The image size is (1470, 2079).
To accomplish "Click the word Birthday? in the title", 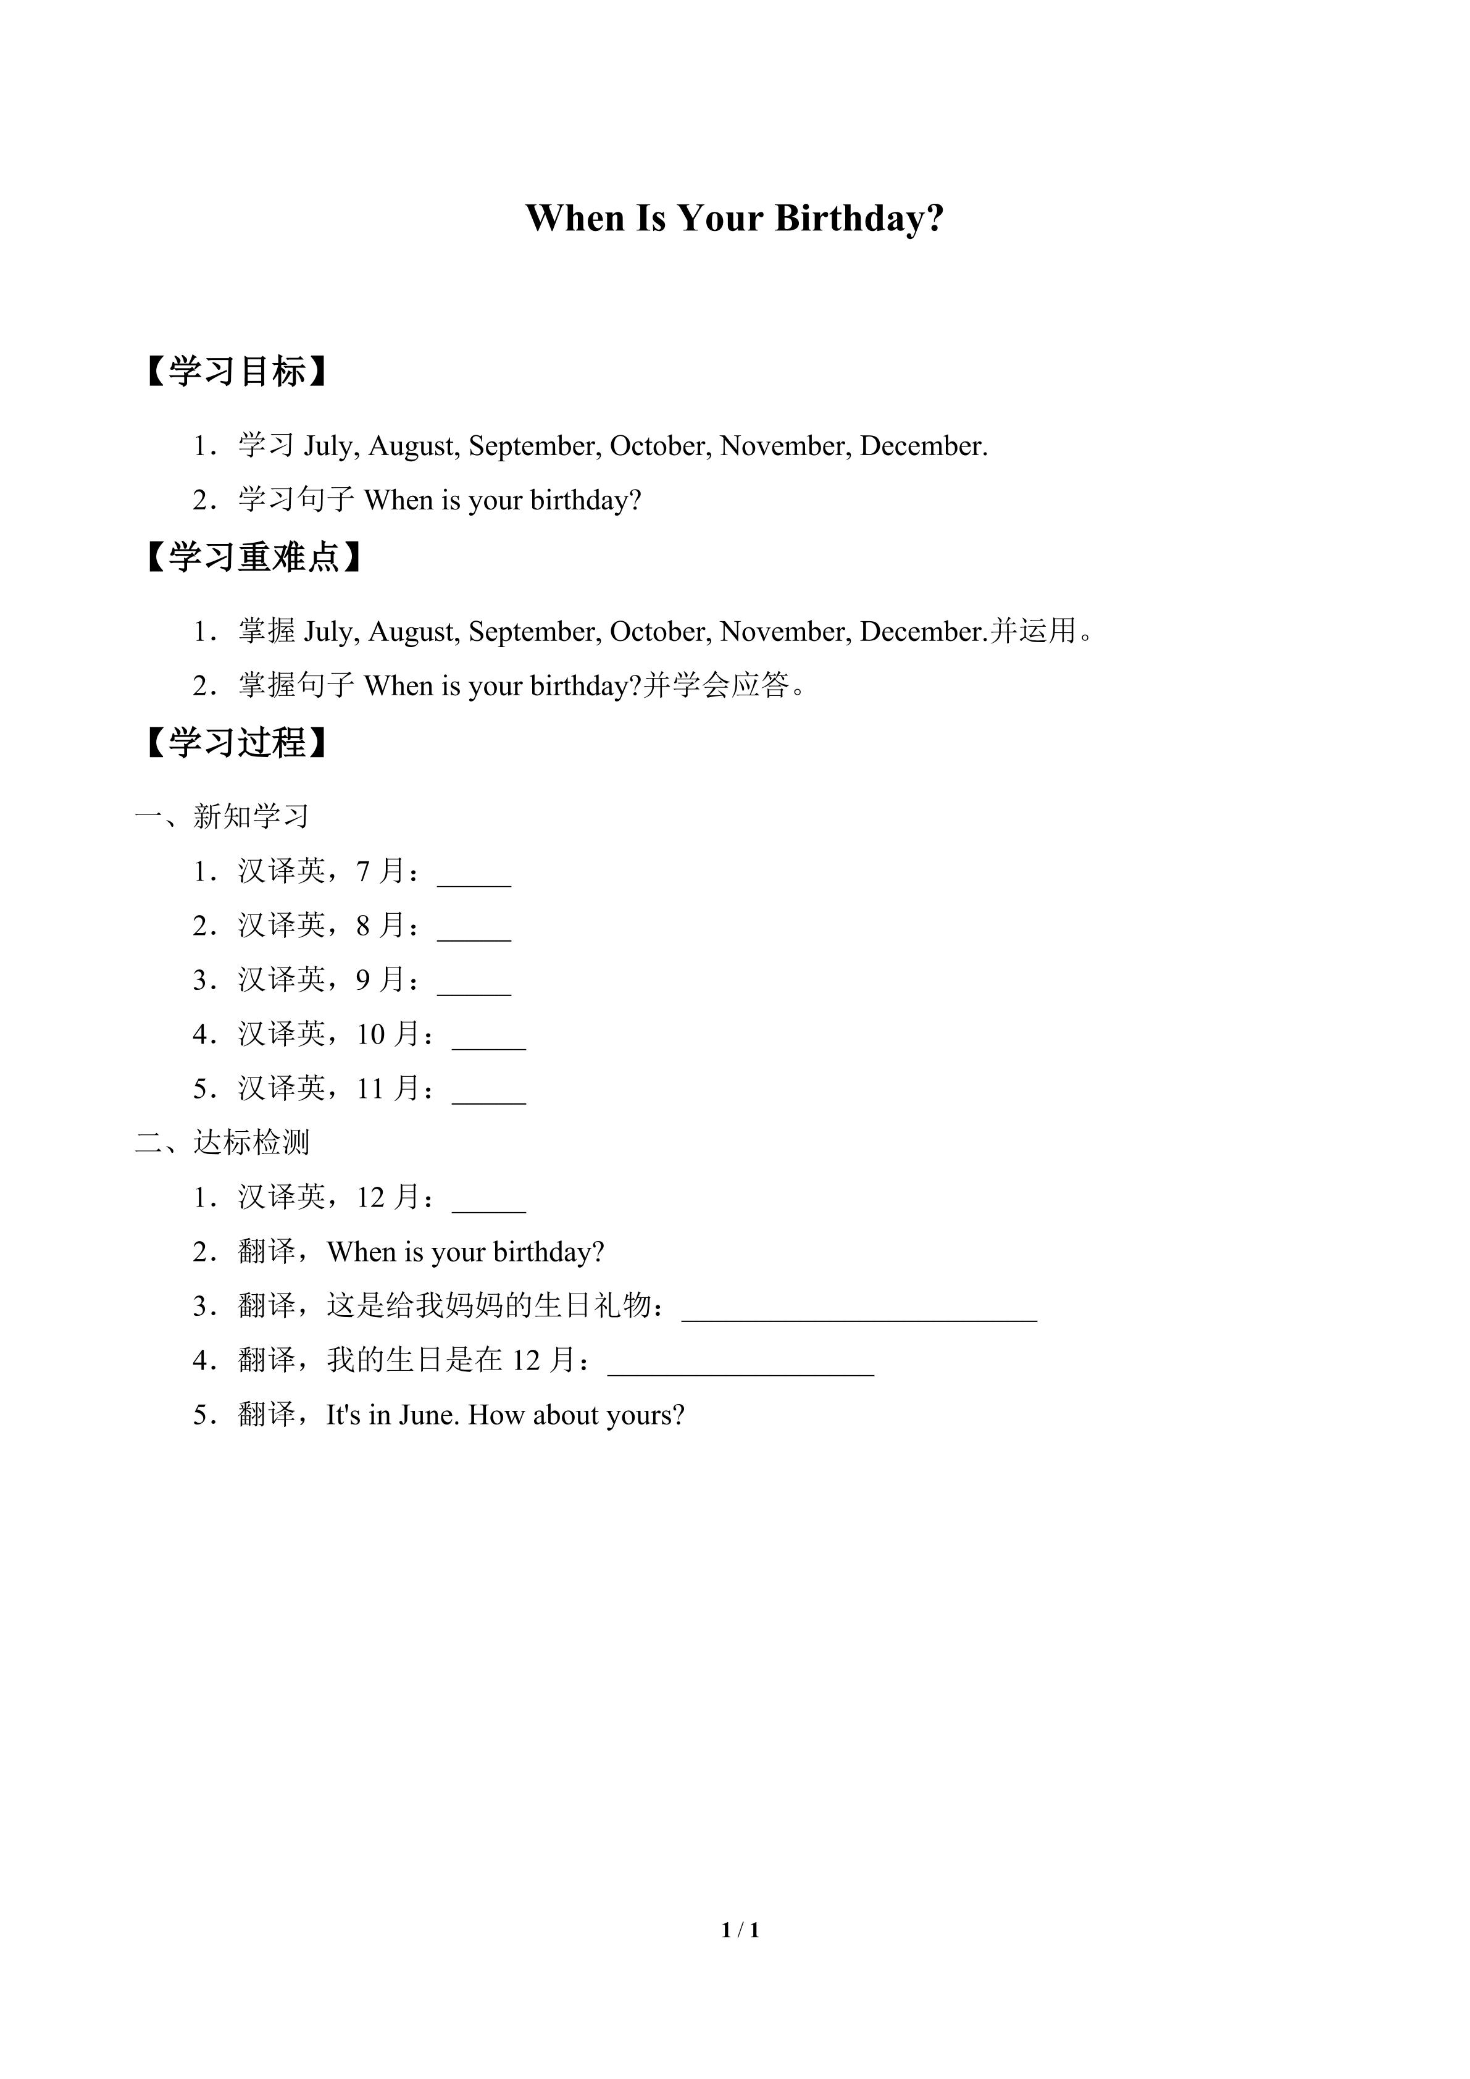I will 859,219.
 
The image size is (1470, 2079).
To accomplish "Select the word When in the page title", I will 575,219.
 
